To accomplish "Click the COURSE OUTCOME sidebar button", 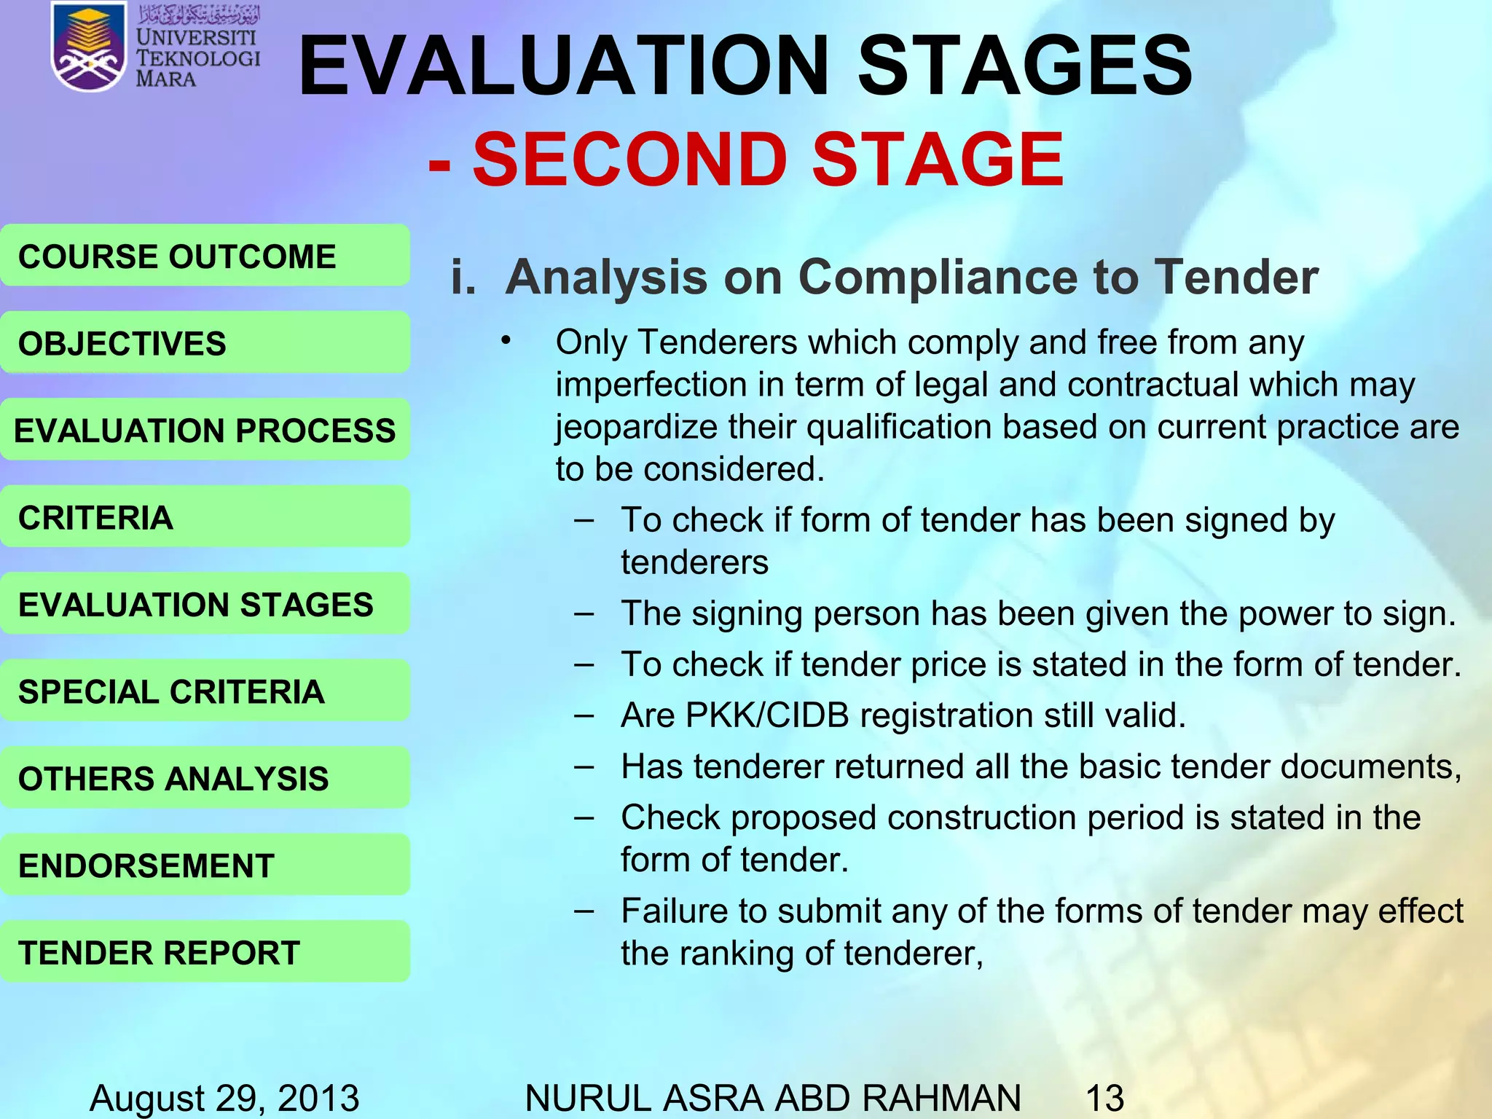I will (x=205, y=256).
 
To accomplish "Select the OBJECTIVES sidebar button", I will (x=205, y=343).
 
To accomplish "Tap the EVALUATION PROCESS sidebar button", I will (x=205, y=430).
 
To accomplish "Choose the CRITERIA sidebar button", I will (x=205, y=517).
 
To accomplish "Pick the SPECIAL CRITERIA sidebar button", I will (x=205, y=691).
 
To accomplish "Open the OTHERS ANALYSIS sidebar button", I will (x=205, y=778).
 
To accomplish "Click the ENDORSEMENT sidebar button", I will (x=205, y=865).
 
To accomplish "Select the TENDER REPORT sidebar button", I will (x=205, y=952).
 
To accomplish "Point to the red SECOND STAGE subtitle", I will (x=746, y=159).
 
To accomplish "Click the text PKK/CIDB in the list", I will (x=767, y=715).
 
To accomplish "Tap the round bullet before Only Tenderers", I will (x=506, y=341).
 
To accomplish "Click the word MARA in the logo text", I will (x=165, y=79).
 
